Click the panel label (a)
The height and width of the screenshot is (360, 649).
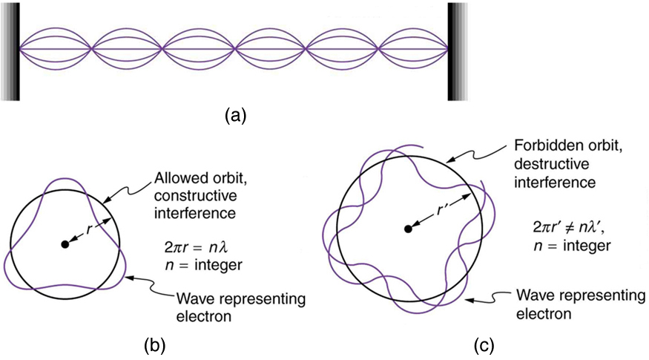pos(235,115)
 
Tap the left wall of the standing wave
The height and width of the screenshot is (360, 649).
pos(11,50)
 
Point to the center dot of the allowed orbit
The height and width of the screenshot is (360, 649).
pos(65,243)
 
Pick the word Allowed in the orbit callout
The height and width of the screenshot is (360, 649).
pos(176,180)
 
